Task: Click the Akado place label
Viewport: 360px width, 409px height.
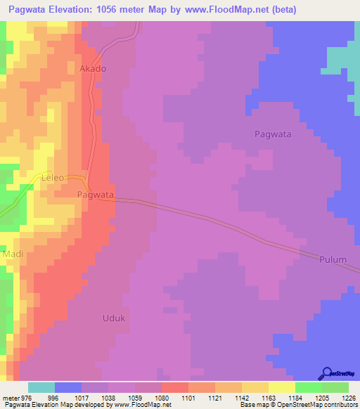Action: (93, 69)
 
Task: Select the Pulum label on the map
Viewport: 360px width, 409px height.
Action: (332, 259)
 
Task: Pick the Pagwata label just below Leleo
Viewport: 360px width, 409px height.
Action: (95, 194)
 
